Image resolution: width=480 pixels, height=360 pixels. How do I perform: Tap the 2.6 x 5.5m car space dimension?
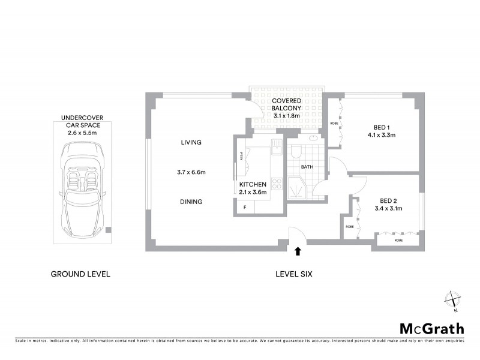click(81, 133)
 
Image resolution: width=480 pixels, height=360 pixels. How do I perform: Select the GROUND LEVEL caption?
click(80, 274)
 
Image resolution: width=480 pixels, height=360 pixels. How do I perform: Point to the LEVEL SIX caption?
click(294, 274)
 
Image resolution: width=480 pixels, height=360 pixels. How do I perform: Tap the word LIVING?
click(191, 142)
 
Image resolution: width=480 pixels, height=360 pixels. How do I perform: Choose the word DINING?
click(191, 202)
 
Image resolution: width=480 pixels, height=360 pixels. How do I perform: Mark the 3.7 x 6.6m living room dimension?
click(191, 172)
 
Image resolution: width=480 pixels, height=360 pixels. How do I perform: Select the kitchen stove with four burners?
click(276, 184)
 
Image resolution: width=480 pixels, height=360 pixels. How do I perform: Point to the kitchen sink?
click(276, 146)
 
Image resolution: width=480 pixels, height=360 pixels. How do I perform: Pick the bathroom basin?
click(313, 137)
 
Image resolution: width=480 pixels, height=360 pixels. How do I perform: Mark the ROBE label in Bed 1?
click(333, 123)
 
